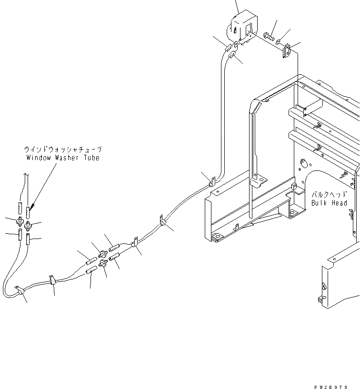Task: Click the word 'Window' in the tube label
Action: click(38, 158)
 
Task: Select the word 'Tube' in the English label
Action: click(90, 158)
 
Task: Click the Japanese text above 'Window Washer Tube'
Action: click(63, 150)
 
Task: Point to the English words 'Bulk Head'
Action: click(329, 203)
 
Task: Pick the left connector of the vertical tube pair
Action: click(20, 221)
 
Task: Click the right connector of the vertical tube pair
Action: click(28, 224)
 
